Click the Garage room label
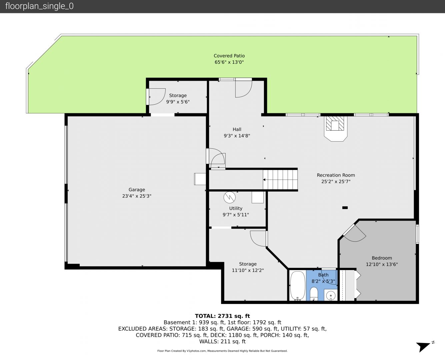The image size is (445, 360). point(137,190)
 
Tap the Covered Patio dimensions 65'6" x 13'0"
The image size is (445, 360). point(229,62)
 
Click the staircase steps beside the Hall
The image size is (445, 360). point(280,180)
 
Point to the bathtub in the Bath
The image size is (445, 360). point(298,286)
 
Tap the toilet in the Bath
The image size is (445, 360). point(314,294)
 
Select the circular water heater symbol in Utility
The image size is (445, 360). point(229,197)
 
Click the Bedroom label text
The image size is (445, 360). point(382,258)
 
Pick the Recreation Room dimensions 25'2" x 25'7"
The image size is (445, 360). point(336,181)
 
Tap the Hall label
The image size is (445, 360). point(237,129)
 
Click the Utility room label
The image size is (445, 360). point(236,208)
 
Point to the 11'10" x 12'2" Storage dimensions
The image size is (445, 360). point(248,270)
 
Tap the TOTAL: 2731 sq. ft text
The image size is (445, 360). point(222,316)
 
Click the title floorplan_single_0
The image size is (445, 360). point(39,6)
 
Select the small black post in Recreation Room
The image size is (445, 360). point(345,207)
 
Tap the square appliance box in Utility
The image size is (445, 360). point(257,197)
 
